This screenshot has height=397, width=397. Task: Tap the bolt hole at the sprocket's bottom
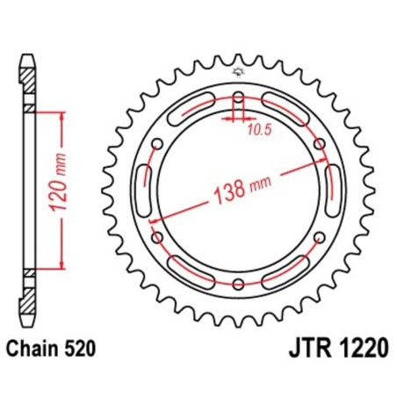pyautogui.click(x=240, y=283)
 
